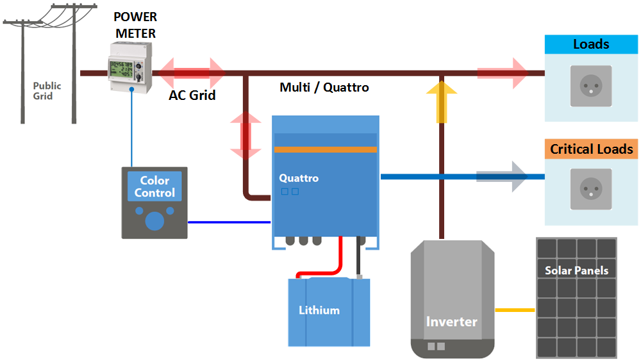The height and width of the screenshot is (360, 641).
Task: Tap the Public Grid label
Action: coord(47,91)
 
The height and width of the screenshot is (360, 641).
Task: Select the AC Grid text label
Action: coord(192,95)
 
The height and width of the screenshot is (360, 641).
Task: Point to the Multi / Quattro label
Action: coord(324,87)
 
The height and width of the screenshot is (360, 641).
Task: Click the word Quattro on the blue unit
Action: coord(299,178)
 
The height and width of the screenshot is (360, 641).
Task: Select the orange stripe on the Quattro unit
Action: coord(326,149)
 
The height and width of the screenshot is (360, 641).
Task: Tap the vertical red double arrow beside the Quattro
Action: coord(246,136)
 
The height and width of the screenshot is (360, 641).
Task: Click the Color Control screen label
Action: coord(154,186)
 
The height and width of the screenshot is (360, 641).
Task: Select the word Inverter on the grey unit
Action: coord(452,321)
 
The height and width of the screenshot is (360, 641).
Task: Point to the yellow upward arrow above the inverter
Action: coord(442,101)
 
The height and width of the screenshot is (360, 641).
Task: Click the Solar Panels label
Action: coord(576,270)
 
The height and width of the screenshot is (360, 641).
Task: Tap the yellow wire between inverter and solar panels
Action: coord(515,310)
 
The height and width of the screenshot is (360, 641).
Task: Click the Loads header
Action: coord(591,44)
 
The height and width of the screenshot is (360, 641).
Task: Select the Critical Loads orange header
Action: coord(591,149)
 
